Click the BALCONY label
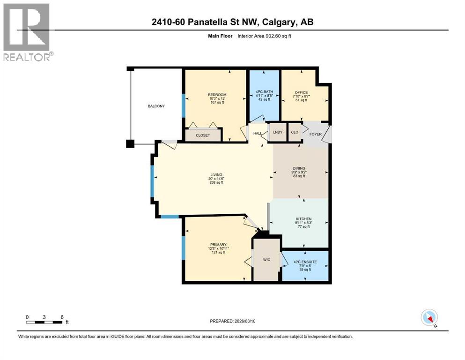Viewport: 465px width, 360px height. [x=156, y=106]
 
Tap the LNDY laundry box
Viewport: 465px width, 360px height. [x=277, y=132]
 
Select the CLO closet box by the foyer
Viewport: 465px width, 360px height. [x=295, y=132]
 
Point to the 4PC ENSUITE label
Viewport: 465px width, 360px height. [x=305, y=262]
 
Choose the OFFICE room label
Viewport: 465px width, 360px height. [x=301, y=92]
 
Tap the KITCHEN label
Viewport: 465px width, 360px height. [x=303, y=219]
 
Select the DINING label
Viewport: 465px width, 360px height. [x=299, y=168]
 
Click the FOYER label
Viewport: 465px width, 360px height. [x=316, y=134]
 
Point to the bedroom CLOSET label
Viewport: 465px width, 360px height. [x=203, y=135]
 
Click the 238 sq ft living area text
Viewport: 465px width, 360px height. [x=216, y=183]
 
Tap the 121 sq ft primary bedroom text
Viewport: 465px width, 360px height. [x=218, y=252]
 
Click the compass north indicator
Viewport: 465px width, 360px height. [x=429, y=318]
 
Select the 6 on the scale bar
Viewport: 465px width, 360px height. [x=61, y=316]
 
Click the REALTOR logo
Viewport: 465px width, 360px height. [x=28, y=32]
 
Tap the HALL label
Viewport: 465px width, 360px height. [x=257, y=134]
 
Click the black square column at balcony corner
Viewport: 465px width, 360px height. [x=130, y=143]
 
